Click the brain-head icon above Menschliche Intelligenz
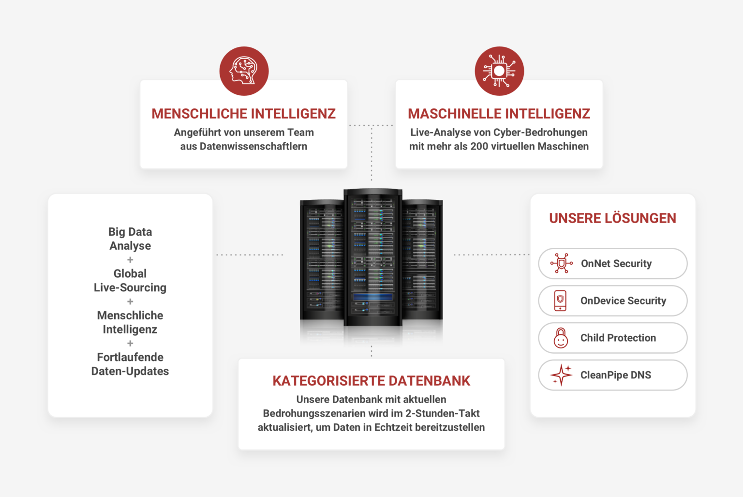click(x=244, y=71)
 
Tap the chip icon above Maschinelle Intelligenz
click(x=499, y=71)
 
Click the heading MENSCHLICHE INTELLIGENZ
click(x=244, y=114)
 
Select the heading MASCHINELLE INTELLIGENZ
click(x=499, y=114)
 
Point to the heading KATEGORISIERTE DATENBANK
click(x=371, y=381)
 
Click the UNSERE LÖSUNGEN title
click(x=612, y=218)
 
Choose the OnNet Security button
click(x=612, y=264)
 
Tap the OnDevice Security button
click(x=612, y=301)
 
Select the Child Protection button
click(x=612, y=338)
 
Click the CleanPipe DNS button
click(x=612, y=375)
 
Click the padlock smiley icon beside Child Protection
click(x=561, y=338)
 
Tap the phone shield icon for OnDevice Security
click(x=560, y=301)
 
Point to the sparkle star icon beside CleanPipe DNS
click(x=561, y=375)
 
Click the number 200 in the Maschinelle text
click(x=479, y=146)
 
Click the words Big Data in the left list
click(x=130, y=232)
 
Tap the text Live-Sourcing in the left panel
click(x=130, y=287)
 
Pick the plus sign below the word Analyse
click(x=130, y=260)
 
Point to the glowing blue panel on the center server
click(x=372, y=297)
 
